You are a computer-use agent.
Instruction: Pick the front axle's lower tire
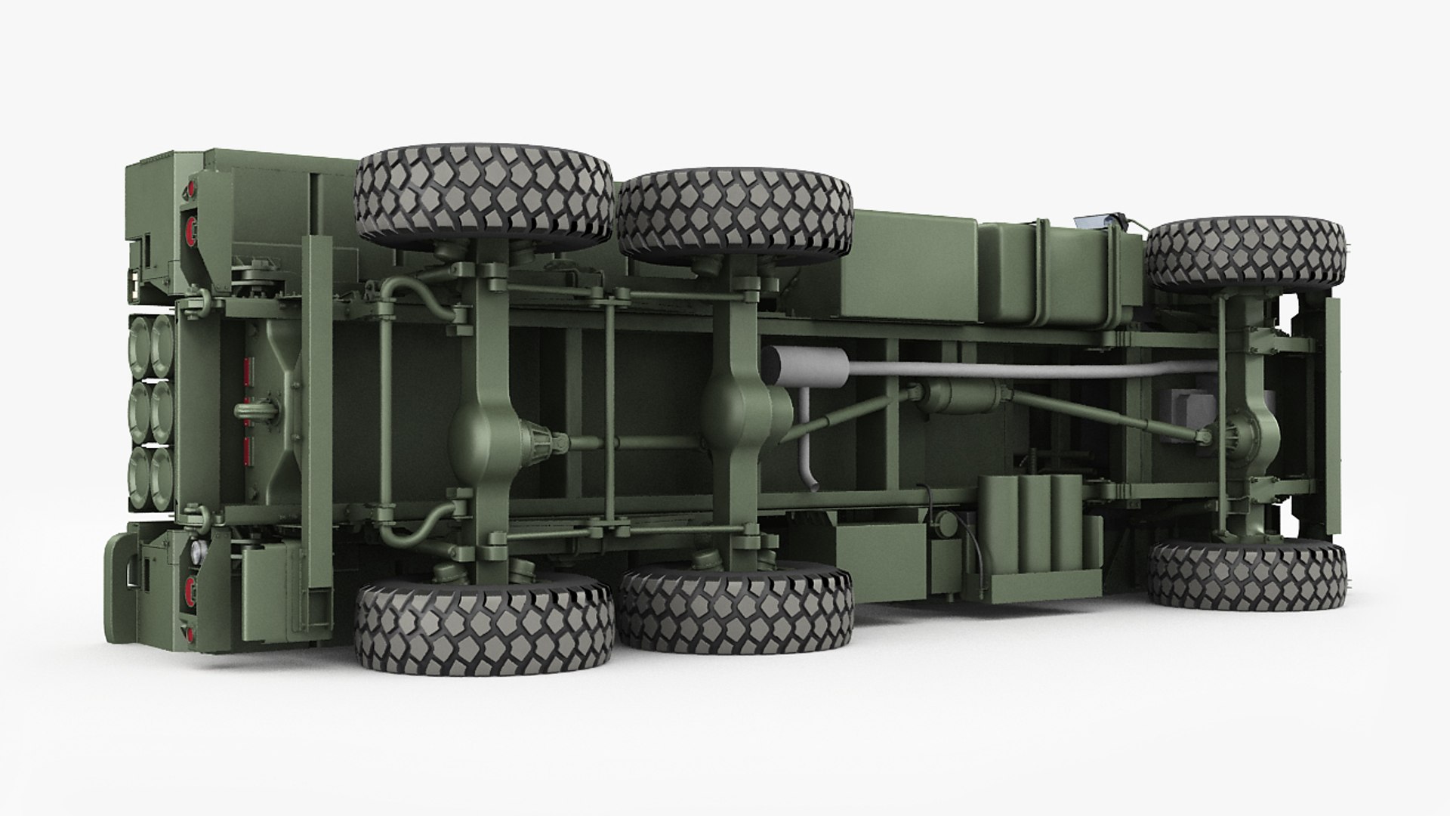(1246, 574)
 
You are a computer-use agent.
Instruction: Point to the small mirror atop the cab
(1092, 221)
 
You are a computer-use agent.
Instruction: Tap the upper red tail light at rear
(191, 223)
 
